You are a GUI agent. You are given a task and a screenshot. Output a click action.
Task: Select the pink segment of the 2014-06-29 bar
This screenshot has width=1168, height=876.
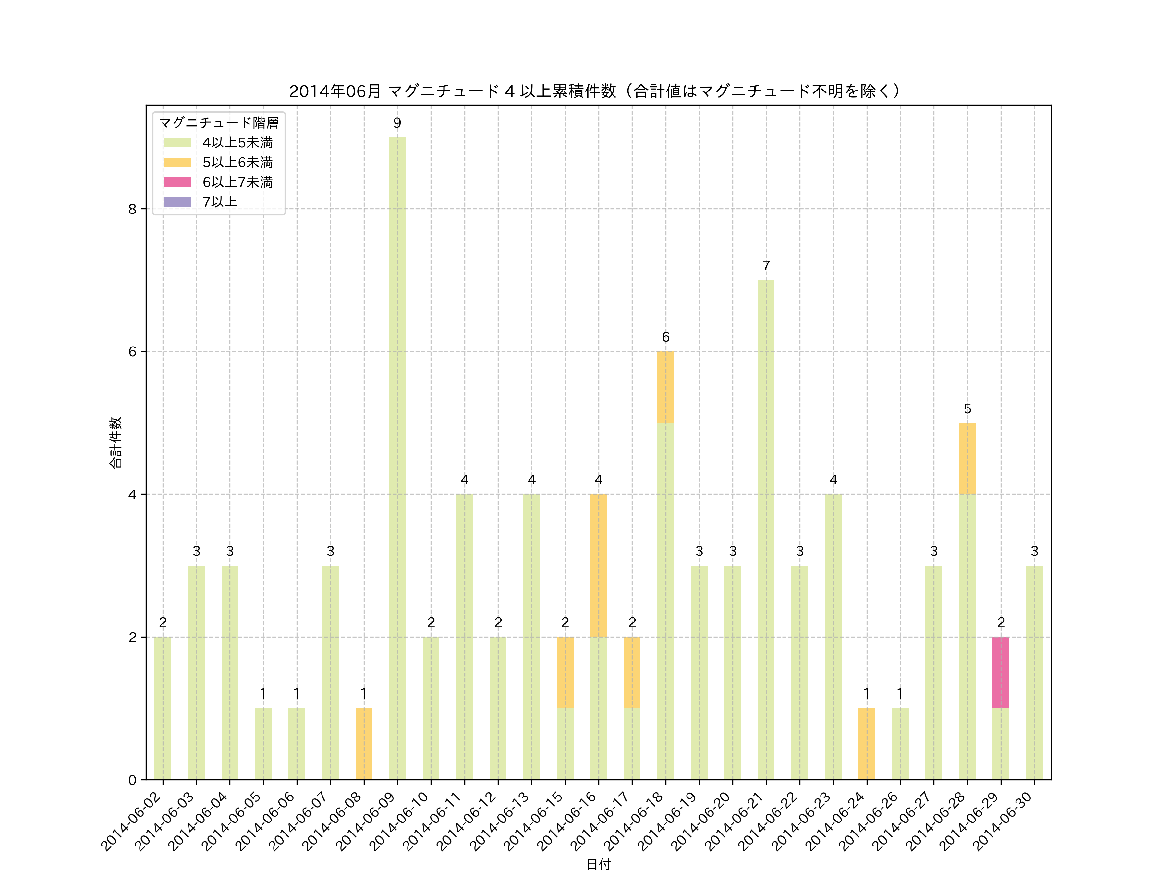click(x=1001, y=672)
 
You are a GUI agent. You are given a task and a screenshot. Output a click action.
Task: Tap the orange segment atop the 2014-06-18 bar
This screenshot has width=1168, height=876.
click(x=665, y=387)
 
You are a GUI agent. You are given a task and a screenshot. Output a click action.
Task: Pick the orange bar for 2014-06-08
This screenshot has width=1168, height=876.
click(x=364, y=744)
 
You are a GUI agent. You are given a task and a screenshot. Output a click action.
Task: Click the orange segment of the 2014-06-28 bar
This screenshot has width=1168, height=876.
click(x=967, y=458)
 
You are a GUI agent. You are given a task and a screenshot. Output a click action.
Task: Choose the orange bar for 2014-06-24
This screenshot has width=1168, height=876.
click(x=867, y=744)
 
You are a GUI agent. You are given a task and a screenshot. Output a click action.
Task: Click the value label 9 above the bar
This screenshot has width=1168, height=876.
click(x=397, y=123)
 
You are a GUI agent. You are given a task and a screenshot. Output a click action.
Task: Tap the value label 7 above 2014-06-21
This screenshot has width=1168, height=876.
click(x=766, y=266)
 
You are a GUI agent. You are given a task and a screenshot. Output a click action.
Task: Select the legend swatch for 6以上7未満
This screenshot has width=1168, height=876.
click(x=177, y=182)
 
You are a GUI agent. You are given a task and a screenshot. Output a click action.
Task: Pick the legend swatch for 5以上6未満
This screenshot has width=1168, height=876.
click(x=177, y=162)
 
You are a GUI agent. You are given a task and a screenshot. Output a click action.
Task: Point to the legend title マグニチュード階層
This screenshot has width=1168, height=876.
click(x=219, y=123)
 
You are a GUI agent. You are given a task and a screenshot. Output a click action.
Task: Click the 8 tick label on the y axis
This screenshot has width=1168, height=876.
click(x=132, y=209)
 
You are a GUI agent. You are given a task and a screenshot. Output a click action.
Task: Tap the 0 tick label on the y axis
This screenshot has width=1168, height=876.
click(x=132, y=780)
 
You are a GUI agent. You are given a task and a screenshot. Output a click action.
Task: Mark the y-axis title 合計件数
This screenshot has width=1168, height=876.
click(x=116, y=443)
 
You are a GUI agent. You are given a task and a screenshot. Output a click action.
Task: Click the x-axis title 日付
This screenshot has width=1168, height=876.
click(x=598, y=864)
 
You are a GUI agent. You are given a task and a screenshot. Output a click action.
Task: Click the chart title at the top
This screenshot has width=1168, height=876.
click(x=595, y=91)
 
